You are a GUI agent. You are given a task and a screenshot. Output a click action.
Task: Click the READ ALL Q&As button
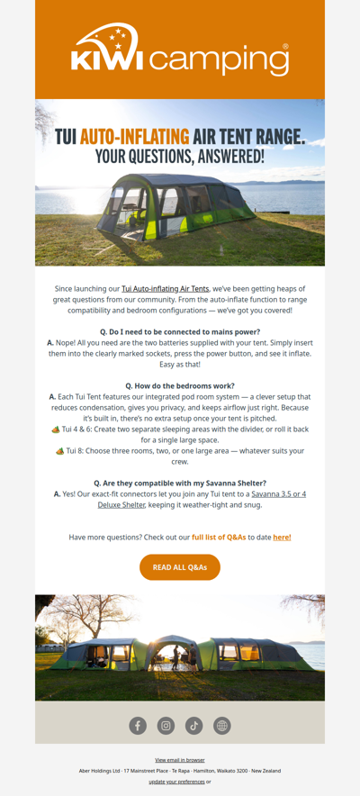pos(180,567)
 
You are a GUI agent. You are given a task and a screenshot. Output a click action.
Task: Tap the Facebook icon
pos(138,725)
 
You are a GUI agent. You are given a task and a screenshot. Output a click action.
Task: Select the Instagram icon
pos(166,725)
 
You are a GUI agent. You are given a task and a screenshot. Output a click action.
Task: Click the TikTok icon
pos(193,725)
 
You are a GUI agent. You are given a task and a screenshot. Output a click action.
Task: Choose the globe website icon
pos(222,725)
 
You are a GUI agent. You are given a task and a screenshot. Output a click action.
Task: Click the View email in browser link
pos(180,760)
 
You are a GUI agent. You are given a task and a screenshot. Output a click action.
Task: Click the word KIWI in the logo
pos(107,61)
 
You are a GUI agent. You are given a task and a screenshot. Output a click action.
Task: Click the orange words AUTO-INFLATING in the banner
pos(135,137)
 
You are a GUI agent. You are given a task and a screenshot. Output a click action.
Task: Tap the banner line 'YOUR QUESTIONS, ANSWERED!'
pos(180,157)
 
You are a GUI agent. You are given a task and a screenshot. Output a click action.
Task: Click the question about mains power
pos(180,331)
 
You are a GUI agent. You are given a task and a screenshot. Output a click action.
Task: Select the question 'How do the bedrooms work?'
pos(180,385)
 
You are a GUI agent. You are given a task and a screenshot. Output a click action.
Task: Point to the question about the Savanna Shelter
pos(180,483)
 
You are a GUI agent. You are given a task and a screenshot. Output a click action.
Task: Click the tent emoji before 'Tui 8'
pos(59,450)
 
